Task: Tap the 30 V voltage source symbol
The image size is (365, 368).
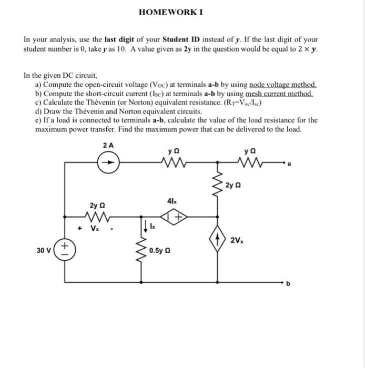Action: pos(65,250)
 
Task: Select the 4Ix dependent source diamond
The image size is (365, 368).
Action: pos(172,215)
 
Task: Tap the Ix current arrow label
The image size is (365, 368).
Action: pos(152,228)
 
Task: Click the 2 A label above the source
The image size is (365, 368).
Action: pos(109,145)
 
